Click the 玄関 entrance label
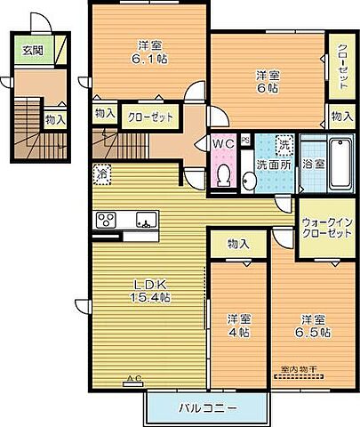(30, 50)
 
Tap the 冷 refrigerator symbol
(101, 173)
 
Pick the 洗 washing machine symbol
(283, 142)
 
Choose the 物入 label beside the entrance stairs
(54, 117)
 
